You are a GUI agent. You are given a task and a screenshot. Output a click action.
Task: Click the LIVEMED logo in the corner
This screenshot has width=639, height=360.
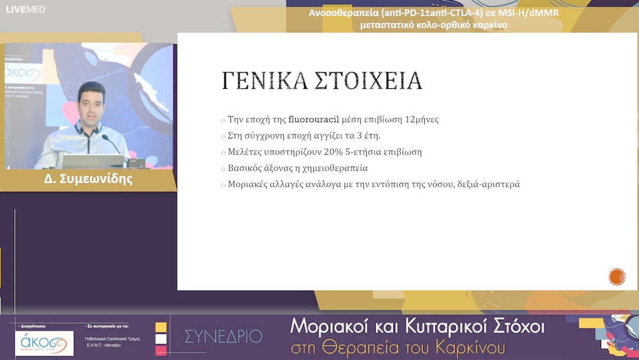25,9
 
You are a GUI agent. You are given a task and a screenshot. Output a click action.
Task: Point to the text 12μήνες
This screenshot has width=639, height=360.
422,119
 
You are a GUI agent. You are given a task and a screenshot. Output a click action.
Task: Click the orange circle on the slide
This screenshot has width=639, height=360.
617,277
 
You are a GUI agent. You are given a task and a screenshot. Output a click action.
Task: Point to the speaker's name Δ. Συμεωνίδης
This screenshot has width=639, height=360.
89,179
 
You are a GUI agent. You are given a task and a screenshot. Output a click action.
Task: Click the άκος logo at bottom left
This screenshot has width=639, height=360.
44,343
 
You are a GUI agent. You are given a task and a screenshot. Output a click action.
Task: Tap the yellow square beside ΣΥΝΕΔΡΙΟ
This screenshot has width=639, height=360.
161,327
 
